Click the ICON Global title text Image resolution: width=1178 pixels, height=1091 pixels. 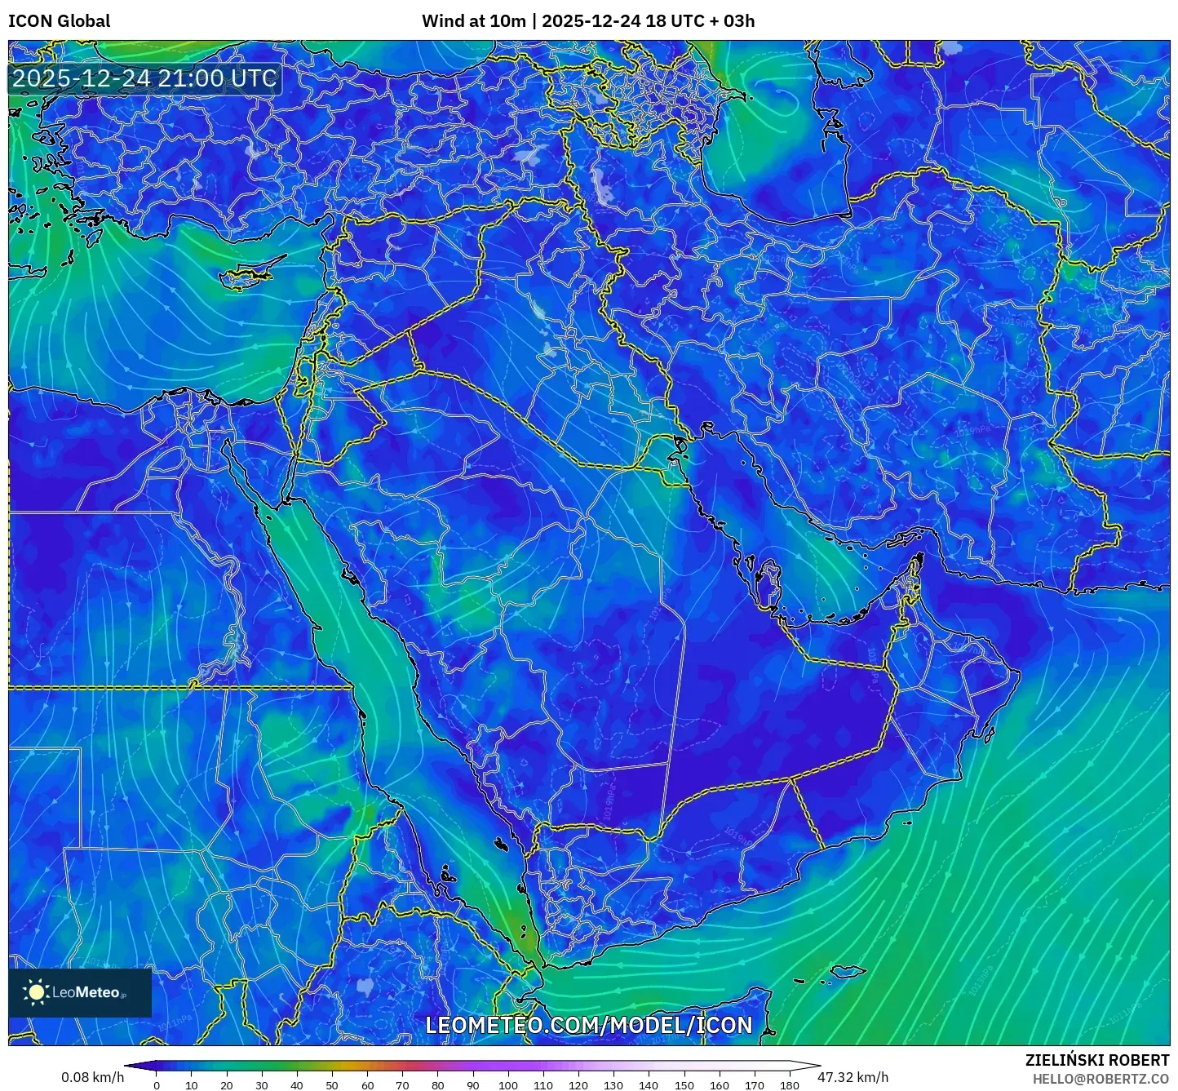[59, 21]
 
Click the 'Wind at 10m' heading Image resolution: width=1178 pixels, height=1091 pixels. [473, 21]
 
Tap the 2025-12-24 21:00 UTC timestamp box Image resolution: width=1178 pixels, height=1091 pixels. [144, 79]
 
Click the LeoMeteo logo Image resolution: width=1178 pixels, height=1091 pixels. [80, 992]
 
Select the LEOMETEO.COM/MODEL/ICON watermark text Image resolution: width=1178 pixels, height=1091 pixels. [589, 1026]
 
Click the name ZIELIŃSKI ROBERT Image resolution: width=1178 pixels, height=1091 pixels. [1097, 1060]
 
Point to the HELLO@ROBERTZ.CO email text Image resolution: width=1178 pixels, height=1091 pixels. [1100, 1079]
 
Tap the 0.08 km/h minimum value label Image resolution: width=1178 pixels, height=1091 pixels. [92, 1077]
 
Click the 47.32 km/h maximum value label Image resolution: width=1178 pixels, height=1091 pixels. [853, 1077]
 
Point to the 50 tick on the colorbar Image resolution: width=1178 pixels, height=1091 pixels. [332, 1085]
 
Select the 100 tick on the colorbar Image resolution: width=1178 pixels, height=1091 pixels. [508, 1085]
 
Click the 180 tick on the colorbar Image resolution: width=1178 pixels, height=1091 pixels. [789, 1085]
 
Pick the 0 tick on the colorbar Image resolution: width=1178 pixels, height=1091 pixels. [157, 1085]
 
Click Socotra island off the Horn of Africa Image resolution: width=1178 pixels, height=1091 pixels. [848, 972]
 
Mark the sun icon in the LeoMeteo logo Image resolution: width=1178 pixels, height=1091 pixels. [36, 992]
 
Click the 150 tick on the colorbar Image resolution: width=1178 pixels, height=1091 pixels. [684, 1085]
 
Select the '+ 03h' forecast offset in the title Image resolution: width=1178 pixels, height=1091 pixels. [732, 21]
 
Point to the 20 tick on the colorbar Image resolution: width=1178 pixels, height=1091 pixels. [227, 1085]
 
